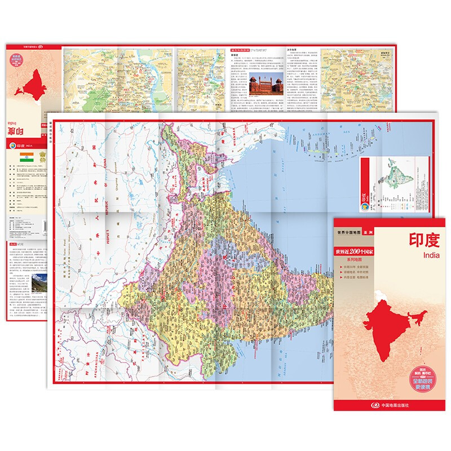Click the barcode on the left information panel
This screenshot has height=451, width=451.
[x=44, y=226]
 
